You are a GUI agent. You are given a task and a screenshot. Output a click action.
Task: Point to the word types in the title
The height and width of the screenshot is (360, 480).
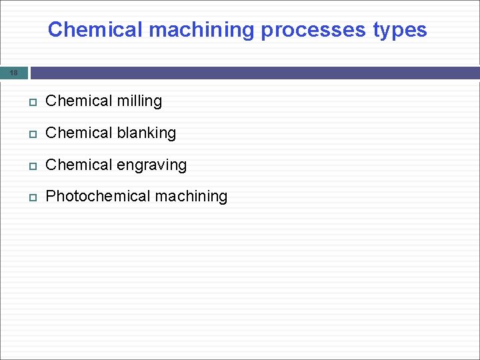coord(400,30)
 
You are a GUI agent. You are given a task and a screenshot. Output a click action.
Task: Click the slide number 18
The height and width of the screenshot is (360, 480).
coord(14,73)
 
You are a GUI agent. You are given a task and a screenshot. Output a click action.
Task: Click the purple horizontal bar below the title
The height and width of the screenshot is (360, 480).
coord(253,73)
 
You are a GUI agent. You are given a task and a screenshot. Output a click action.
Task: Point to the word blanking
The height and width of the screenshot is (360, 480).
coord(147,133)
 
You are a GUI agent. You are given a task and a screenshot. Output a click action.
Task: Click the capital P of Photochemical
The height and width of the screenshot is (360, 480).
coord(51,197)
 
